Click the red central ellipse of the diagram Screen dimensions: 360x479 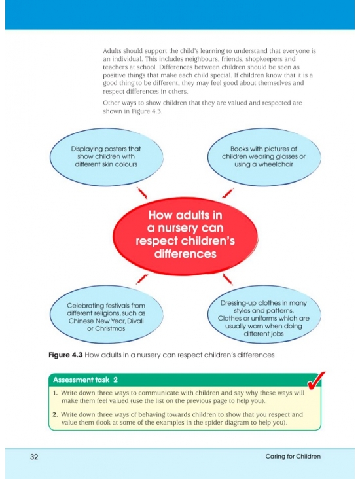pos(185,235)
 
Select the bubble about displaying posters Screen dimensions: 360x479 pos(106,156)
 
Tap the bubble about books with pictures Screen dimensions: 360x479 pos(264,156)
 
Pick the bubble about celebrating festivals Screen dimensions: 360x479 pos(106,314)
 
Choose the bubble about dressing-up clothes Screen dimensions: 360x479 pos(264,314)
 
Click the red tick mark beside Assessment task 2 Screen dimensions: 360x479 pos(316,381)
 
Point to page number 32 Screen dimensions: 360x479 pos(34,457)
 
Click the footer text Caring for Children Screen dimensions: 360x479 pos(293,456)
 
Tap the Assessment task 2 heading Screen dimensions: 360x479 pos(85,380)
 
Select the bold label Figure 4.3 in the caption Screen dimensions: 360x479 pos(65,355)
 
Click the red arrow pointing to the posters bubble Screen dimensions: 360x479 pos(142,193)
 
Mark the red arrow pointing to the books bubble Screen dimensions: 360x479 pos(228,193)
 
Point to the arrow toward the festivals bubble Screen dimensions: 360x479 pos(142,279)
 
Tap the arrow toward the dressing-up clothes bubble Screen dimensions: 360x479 pos(228,279)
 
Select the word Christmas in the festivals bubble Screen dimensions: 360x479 pos(110,328)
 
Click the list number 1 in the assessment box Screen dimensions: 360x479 pos(55,393)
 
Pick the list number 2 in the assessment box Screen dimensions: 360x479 pos(55,414)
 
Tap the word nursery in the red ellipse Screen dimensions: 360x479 pos(171,228)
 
